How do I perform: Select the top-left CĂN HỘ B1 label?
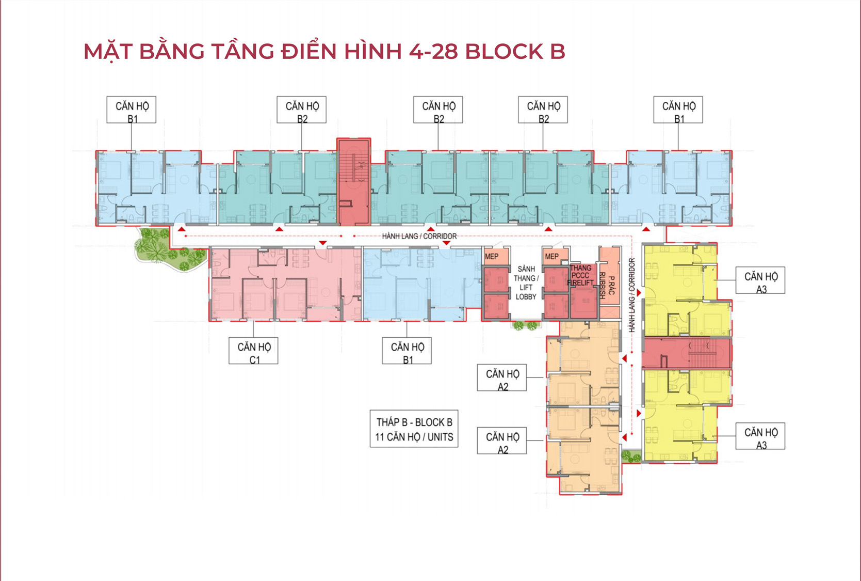tap(132, 109)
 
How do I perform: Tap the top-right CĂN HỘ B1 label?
tap(678, 109)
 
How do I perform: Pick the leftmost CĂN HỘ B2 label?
tap(301, 109)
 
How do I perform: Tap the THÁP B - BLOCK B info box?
tap(414, 429)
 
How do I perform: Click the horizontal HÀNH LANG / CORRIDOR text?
tap(419, 236)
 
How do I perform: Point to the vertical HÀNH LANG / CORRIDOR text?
tap(631, 295)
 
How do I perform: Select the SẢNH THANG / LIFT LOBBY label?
tap(526, 283)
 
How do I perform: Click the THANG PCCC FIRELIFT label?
tap(581, 275)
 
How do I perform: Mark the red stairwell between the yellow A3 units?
tap(687, 354)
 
